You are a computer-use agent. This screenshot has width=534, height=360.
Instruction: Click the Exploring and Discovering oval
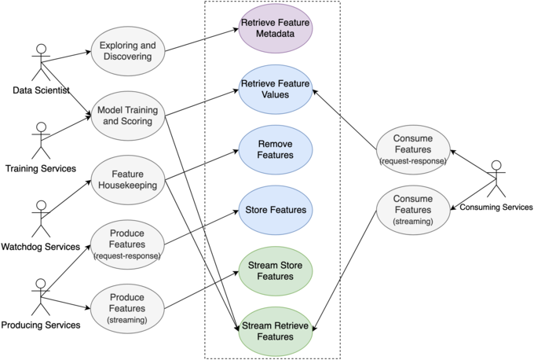(x=127, y=51)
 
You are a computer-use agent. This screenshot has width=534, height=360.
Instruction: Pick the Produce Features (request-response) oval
(x=127, y=244)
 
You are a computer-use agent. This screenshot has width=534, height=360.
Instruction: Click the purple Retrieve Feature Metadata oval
(x=276, y=31)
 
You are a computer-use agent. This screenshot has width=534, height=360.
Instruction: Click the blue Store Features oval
(x=276, y=210)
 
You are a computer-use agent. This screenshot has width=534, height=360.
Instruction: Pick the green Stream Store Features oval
(x=276, y=270)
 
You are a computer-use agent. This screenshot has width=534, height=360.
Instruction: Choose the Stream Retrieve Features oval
(x=276, y=331)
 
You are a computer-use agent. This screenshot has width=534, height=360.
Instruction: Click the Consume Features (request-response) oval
(x=412, y=149)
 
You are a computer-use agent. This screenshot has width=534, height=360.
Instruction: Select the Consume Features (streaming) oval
(x=412, y=210)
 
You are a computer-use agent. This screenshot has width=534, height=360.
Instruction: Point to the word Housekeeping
(x=127, y=186)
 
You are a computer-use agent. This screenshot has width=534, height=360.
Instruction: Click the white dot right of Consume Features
(x=496, y=165)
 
